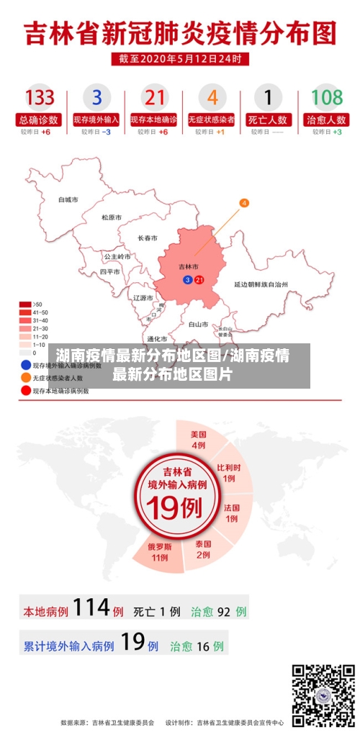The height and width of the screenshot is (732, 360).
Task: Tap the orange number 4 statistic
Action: [x=212, y=97]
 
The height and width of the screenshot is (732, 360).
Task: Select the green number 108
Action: [x=326, y=97]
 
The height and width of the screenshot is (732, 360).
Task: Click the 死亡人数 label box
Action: [x=268, y=119]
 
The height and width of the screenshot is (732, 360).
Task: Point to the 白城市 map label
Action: [x=68, y=199]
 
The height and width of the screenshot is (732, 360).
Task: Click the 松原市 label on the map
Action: [x=112, y=217]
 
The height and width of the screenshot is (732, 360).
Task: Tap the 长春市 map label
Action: [x=148, y=238]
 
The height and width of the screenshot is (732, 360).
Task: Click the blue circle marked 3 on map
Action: [x=188, y=279]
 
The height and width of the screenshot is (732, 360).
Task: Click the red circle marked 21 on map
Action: [x=199, y=279]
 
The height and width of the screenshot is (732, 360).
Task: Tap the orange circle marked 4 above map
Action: [x=244, y=204]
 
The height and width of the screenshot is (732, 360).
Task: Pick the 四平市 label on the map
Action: [x=110, y=272]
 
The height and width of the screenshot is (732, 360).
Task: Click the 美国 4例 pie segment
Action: [x=199, y=440]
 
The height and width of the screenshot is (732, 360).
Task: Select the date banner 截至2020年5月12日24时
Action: [x=180, y=58]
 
